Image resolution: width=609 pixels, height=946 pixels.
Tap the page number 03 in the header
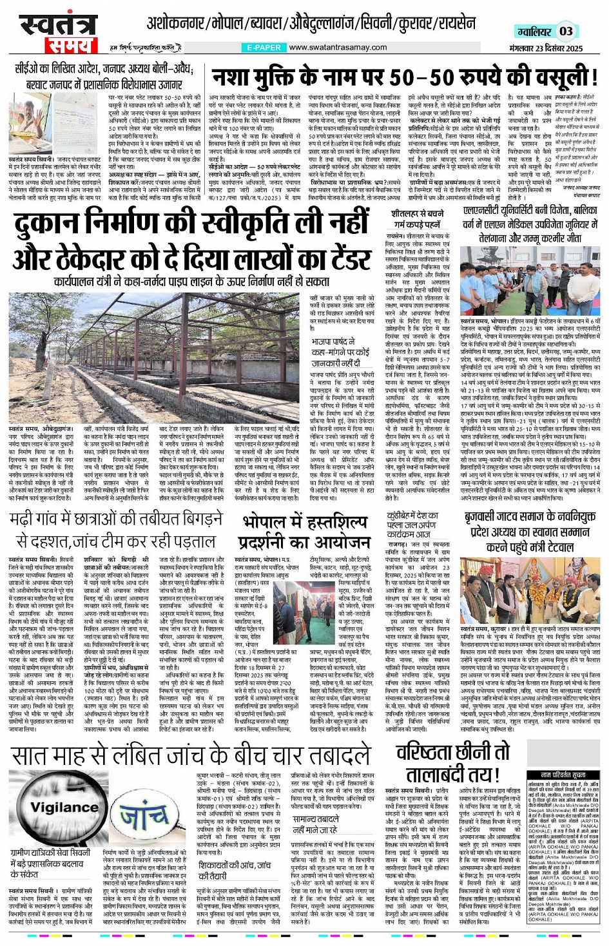coord(566,31)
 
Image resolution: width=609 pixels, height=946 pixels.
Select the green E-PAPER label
coord(263,48)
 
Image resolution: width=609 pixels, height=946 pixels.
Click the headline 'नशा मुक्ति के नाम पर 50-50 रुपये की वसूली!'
coord(405,77)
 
